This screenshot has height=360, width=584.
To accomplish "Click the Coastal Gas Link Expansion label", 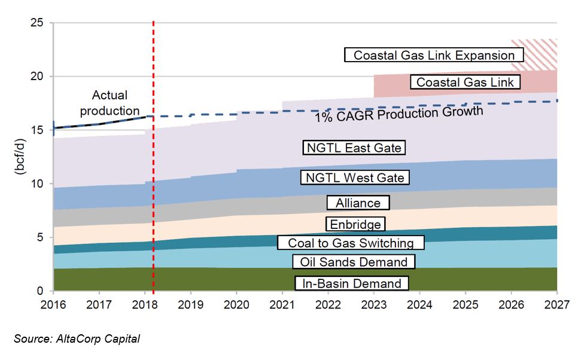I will pyautogui.click(x=434, y=55).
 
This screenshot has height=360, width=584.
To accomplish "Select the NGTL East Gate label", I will pyautogui.click(x=354, y=147).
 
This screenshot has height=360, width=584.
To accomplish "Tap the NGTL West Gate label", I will pyautogui.click(x=355, y=177).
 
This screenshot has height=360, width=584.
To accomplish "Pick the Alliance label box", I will pyautogui.click(x=358, y=203).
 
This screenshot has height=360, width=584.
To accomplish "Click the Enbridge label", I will pyautogui.click(x=355, y=224).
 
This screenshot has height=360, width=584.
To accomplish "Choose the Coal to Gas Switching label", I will pyautogui.click(x=350, y=243).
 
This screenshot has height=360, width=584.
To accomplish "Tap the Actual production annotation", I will pyautogui.click(x=109, y=103).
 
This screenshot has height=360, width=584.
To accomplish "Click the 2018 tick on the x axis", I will pyautogui.click(x=145, y=304).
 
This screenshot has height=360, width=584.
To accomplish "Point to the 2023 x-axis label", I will pyautogui.click(x=373, y=304).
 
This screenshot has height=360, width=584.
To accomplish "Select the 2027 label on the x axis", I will pyautogui.click(x=556, y=304).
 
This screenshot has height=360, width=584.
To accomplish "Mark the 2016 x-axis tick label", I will pyautogui.click(x=53, y=304).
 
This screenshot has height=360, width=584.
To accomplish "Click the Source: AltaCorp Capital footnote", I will pyautogui.click(x=77, y=339).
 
